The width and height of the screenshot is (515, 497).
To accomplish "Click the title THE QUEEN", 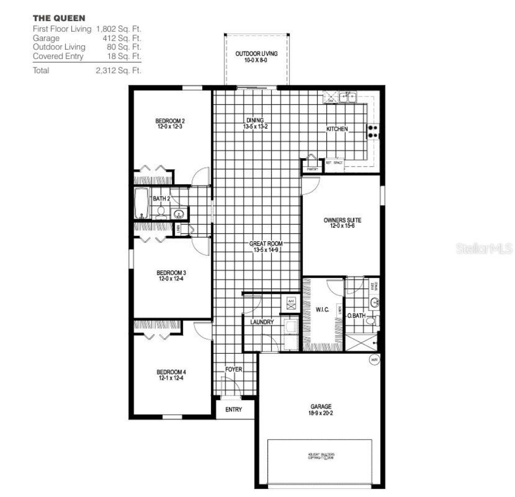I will pyautogui.click(x=59, y=18).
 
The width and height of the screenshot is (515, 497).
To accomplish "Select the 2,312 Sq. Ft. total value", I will pyautogui.click(x=118, y=70).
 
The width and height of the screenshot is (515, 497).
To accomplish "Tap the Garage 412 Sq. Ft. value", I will pyautogui.click(x=122, y=38).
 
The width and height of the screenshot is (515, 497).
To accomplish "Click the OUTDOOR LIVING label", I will pyautogui.click(x=256, y=54).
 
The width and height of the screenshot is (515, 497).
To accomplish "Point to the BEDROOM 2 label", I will pyautogui.click(x=170, y=121).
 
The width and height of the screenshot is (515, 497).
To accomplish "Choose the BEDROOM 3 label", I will pyautogui.click(x=171, y=273).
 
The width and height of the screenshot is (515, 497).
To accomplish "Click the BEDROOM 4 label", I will pyautogui.click(x=171, y=372).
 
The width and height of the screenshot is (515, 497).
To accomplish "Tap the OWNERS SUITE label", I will pyautogui.click(x=342, y=220).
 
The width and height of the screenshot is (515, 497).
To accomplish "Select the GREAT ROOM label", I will pyautogui.click(x=266, y=244).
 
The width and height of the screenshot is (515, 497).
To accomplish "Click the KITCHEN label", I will pyautogui.click(x=337, y=129).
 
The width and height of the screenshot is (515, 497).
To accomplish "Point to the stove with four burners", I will pyautogui.click(x=373, y=132).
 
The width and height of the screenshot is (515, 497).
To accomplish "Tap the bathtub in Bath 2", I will pyautogui.click(x=141, y=203).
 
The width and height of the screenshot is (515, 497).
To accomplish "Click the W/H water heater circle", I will pyautogui.click(x=374, y=359).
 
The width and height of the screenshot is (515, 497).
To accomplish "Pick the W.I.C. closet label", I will pyautogui.click(x=322, y=309).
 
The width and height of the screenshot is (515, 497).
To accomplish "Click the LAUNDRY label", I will pyautogui.click(x=262, y=322).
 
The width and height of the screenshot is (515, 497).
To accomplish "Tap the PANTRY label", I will pyautogui.click(x=312, y=169).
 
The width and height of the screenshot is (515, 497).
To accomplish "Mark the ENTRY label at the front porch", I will pyautogui.click(x=233, y=409).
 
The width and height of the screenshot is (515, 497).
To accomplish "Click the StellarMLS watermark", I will pyautogui.click(x=484, y=248).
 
